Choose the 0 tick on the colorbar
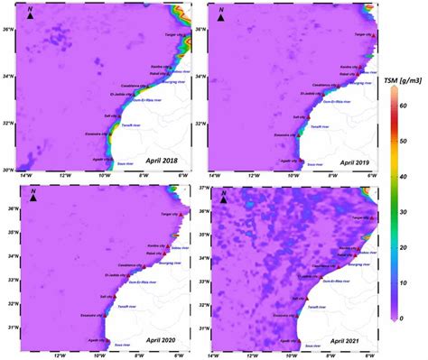(404, 318)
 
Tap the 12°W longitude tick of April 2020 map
(60, 354)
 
